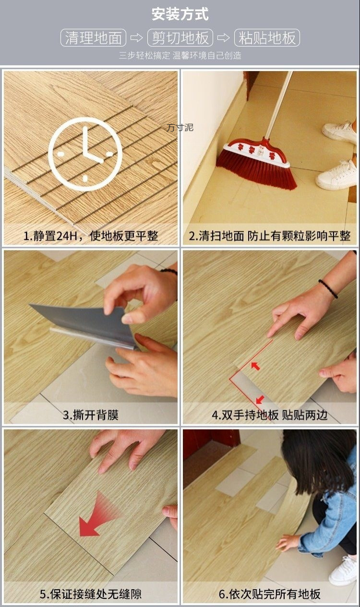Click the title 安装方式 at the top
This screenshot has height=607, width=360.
coord(180,14)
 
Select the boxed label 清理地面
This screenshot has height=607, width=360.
coord(93,38)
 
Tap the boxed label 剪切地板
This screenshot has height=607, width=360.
coord(180,38)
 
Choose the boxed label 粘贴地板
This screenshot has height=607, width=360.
coord(267,38)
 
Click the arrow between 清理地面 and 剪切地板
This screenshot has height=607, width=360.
coord(137,38)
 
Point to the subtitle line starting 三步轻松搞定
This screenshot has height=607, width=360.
coord(180,56)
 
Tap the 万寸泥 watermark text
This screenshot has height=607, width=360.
coord(180,128)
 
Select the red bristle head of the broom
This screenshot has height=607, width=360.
coord(254,168)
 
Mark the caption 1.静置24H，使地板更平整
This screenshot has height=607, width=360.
coord(91,236)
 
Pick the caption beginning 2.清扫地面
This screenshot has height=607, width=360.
coord(269,236)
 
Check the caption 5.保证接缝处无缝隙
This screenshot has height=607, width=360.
coord(91,594)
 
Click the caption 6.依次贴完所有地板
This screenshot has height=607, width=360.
coord(269,594)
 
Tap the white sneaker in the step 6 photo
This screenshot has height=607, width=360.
coord(344,571)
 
